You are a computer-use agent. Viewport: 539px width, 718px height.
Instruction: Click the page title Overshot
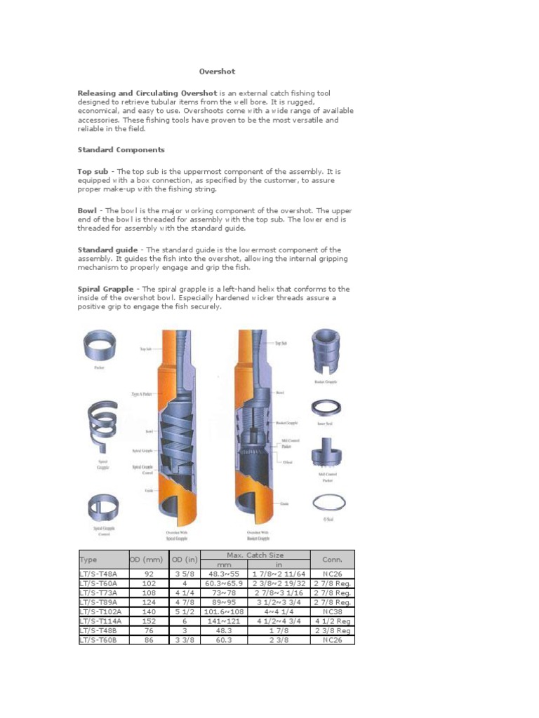pos(216,72)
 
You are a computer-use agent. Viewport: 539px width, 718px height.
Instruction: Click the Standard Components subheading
pos(121,150)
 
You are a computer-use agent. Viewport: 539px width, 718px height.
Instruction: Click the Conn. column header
pos(332,560)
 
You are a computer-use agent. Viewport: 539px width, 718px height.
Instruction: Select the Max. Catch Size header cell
pos(255,555)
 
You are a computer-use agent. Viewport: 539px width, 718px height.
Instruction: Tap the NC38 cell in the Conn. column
pos(332,611)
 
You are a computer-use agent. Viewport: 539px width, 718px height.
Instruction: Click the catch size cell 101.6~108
pos(224,611)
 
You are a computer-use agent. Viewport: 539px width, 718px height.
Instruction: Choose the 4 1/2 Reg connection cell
pos(332,621)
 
